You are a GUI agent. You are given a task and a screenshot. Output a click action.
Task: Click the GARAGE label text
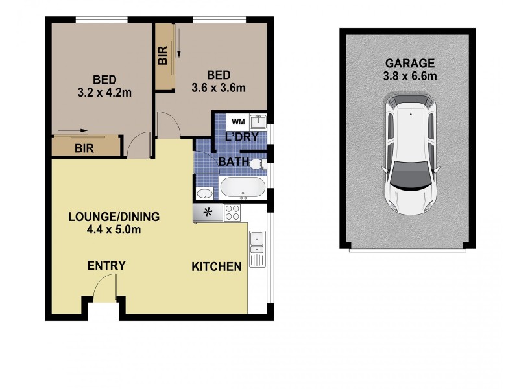[410, 64]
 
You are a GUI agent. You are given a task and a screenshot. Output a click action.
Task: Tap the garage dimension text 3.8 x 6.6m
[410, 76]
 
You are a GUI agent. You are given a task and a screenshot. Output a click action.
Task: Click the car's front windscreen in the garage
[409, 176]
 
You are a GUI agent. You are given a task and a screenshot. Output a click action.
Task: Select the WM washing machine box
[238, 121]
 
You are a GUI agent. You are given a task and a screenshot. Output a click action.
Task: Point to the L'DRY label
[242, 137]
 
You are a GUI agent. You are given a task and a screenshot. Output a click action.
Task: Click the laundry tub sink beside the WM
[259, 121]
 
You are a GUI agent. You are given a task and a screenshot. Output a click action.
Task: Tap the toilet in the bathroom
[258, 163]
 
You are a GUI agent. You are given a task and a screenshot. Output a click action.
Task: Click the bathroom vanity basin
[205, 193]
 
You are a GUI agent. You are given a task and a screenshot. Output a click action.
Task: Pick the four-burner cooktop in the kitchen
[232, 211]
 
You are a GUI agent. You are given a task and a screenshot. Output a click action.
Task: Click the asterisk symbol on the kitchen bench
[208, 212]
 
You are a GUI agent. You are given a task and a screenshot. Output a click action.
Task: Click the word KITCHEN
[217, 266]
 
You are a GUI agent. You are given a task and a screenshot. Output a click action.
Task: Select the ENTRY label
[106, 266]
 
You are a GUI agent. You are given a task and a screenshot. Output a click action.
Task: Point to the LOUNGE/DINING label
[114, 217]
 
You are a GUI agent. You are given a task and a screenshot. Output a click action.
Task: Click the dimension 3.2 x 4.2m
[104, 92]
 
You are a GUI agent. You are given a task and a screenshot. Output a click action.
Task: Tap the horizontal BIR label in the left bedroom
[84, 148]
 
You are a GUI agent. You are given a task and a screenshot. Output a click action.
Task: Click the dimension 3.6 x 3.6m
[219, 86]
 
